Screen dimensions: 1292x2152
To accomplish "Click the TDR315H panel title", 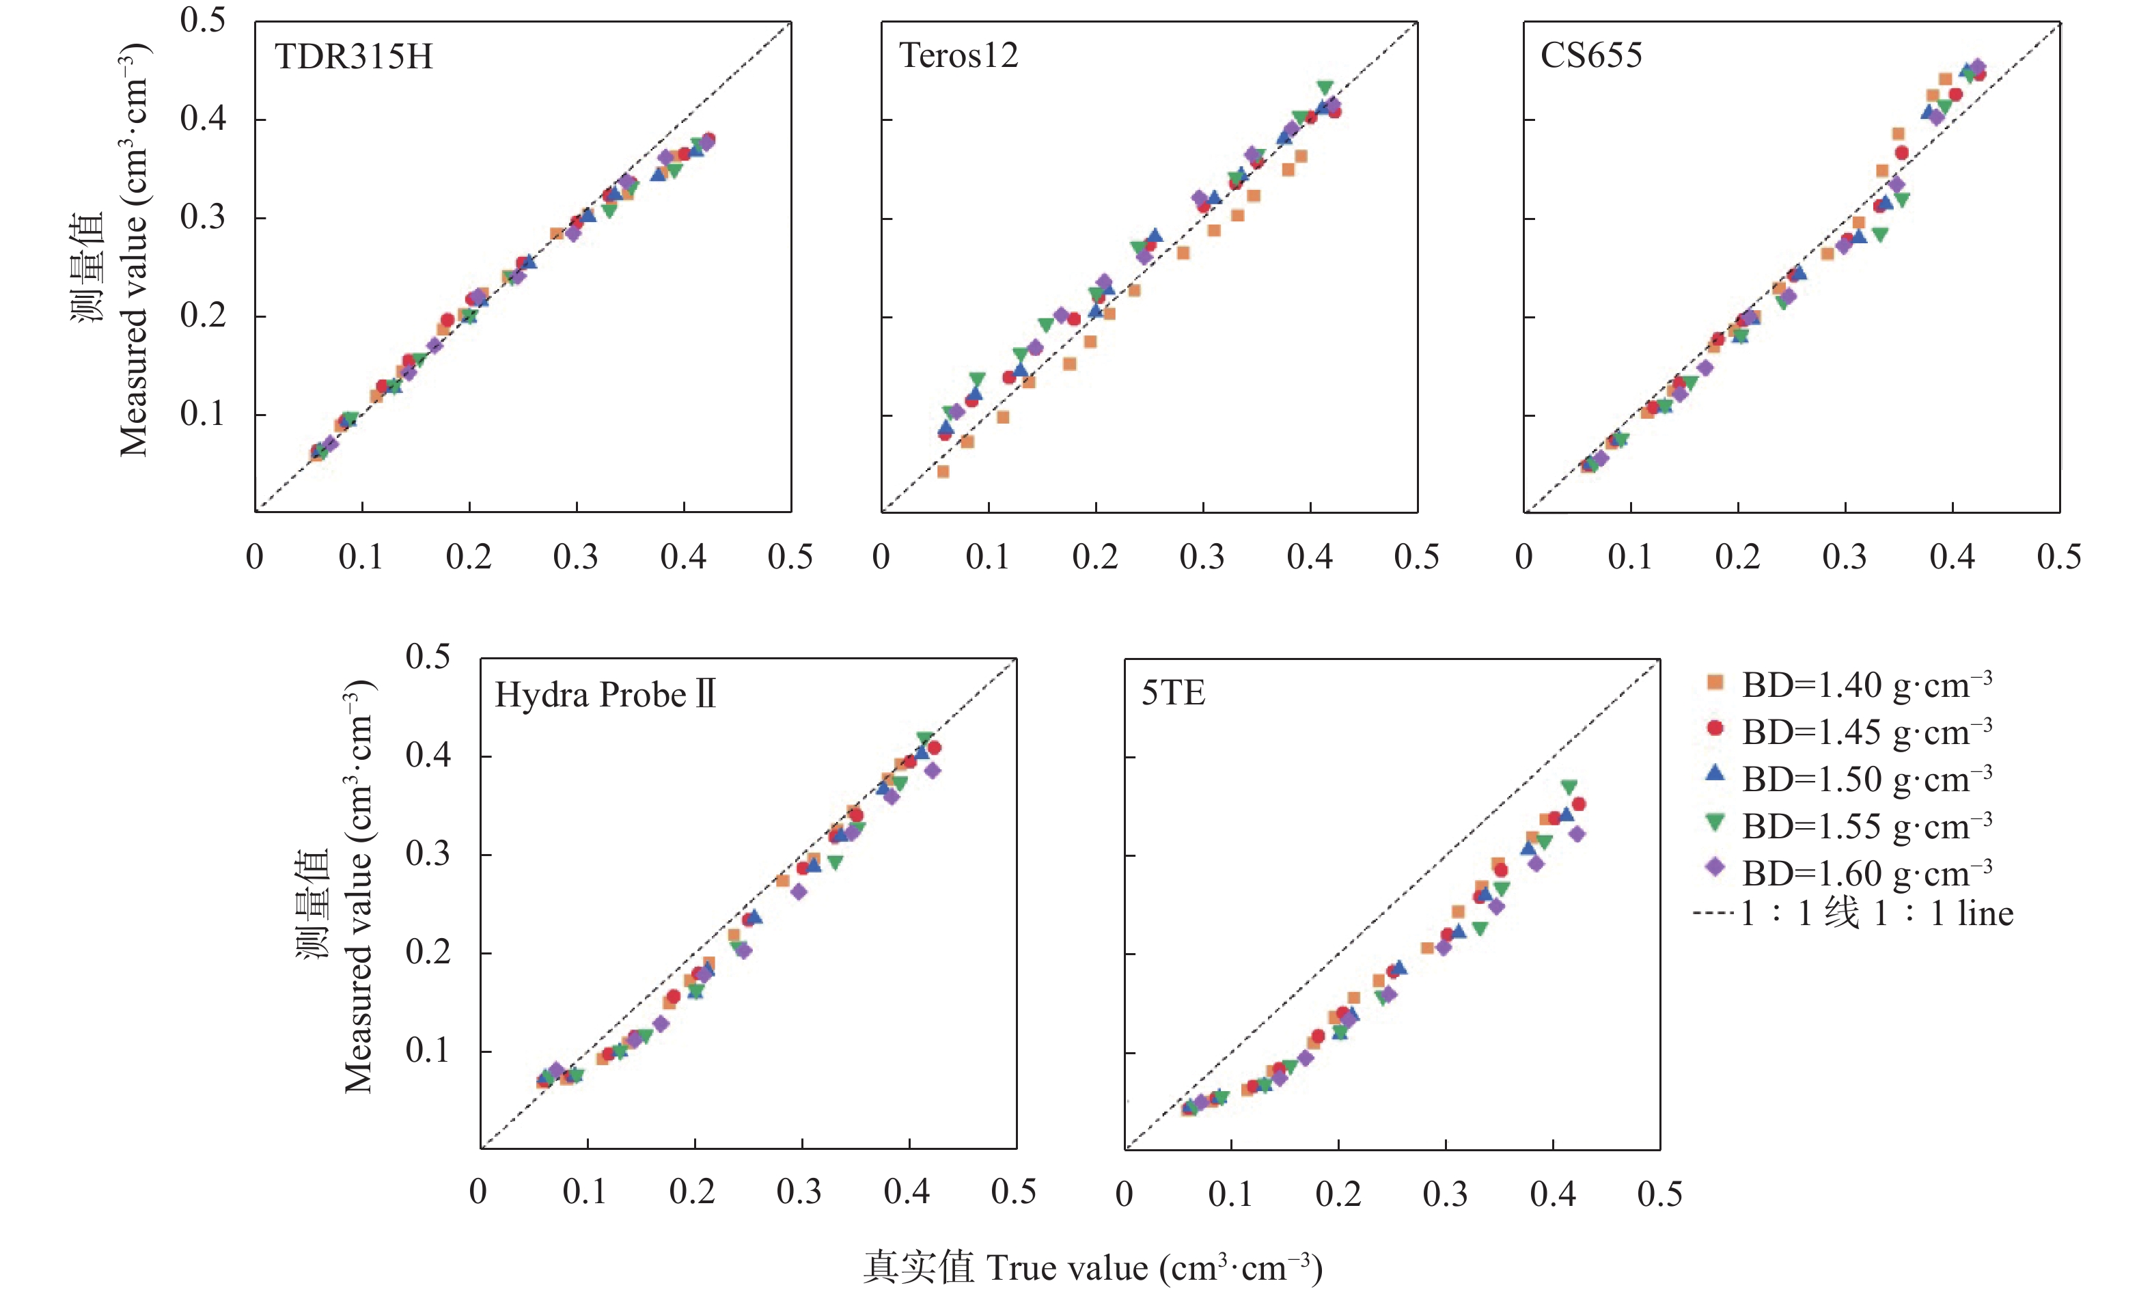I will point(353,57).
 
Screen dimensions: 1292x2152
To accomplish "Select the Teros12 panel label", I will point(958,57).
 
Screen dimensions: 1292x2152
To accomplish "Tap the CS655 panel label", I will point(1590,57).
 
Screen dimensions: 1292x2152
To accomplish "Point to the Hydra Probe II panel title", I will point(605,695).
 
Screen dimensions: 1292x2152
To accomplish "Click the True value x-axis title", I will point(1092,1267).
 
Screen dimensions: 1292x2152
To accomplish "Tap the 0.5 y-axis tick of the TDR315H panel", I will point(203,21).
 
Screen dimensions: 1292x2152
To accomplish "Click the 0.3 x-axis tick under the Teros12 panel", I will point(1201,558).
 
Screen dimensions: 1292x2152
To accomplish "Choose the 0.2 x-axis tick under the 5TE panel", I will point(1338,1194).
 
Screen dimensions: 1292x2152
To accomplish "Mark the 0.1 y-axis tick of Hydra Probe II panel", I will point(428,1052).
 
